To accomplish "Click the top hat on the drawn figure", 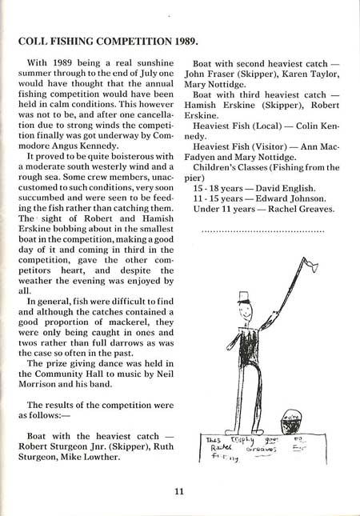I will point(245,297).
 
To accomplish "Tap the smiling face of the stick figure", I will point(246,312).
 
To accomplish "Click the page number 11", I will point(179,490).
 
